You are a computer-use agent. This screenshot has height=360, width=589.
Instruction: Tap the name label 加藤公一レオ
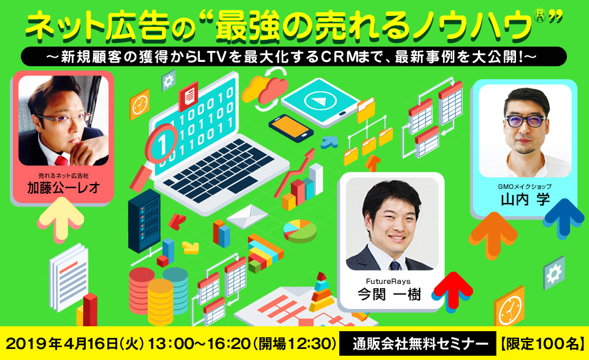[63, 188]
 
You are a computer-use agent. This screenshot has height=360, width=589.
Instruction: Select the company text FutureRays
[388, 281]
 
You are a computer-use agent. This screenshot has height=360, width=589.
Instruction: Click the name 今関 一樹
[389, 294]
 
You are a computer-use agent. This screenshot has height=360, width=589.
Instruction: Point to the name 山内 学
[525, 199]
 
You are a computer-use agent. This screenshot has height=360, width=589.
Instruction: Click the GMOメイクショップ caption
[525, 186]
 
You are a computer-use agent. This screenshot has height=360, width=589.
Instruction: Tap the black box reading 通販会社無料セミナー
[418, 343]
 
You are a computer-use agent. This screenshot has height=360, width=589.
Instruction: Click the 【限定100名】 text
[542, 343]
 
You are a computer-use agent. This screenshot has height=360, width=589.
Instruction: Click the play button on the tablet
[320, 101]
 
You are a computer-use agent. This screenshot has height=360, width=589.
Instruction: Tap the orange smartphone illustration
[291, 128]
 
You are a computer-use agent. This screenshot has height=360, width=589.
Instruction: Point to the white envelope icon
[247, 216]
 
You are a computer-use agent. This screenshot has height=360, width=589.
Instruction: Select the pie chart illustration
[300, 231]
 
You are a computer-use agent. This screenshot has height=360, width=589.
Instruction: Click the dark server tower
[144, 221]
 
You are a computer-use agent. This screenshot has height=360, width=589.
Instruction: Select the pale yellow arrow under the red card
[61, 217]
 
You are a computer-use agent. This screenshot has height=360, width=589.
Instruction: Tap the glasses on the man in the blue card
[526, 121]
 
